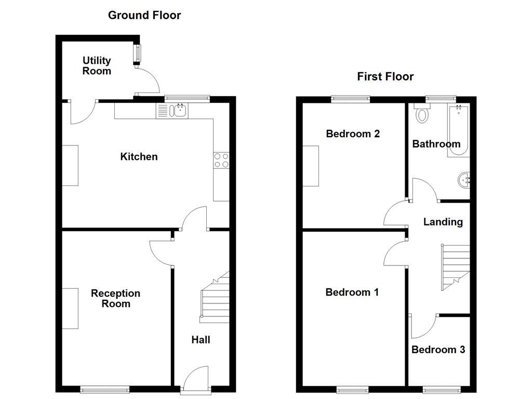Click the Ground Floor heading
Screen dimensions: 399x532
pyautogui.click(x=144, y=15)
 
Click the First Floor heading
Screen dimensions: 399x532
pyautogui.click(x=385, y=77)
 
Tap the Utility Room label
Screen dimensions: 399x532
pyautogui.click(x=97, y=66)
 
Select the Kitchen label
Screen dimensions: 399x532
pyautogui.click(x=139, y=156)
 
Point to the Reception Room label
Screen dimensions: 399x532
pyautogui.click(x=115, y=298)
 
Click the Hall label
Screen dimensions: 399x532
pyautogui.click(x=201, y=340)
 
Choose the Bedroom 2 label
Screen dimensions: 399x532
pyautogui.click(x=353, y=134)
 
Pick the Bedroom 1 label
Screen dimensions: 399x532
pyautogui.click(x=352, y=292)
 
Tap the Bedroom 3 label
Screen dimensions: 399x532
pyautogui.click(x=438, y=350)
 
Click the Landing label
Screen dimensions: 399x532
pyautogui.click(x=443, y=222)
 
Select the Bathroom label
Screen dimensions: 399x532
pyautogui.click(x=436, y=144)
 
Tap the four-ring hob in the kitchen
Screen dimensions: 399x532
pyautogui.click(x=221, y=161)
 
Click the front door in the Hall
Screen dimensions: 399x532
pyautogui.click(x=196, y=378)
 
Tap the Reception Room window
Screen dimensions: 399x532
pyautogui.click(x=105, y=389)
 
